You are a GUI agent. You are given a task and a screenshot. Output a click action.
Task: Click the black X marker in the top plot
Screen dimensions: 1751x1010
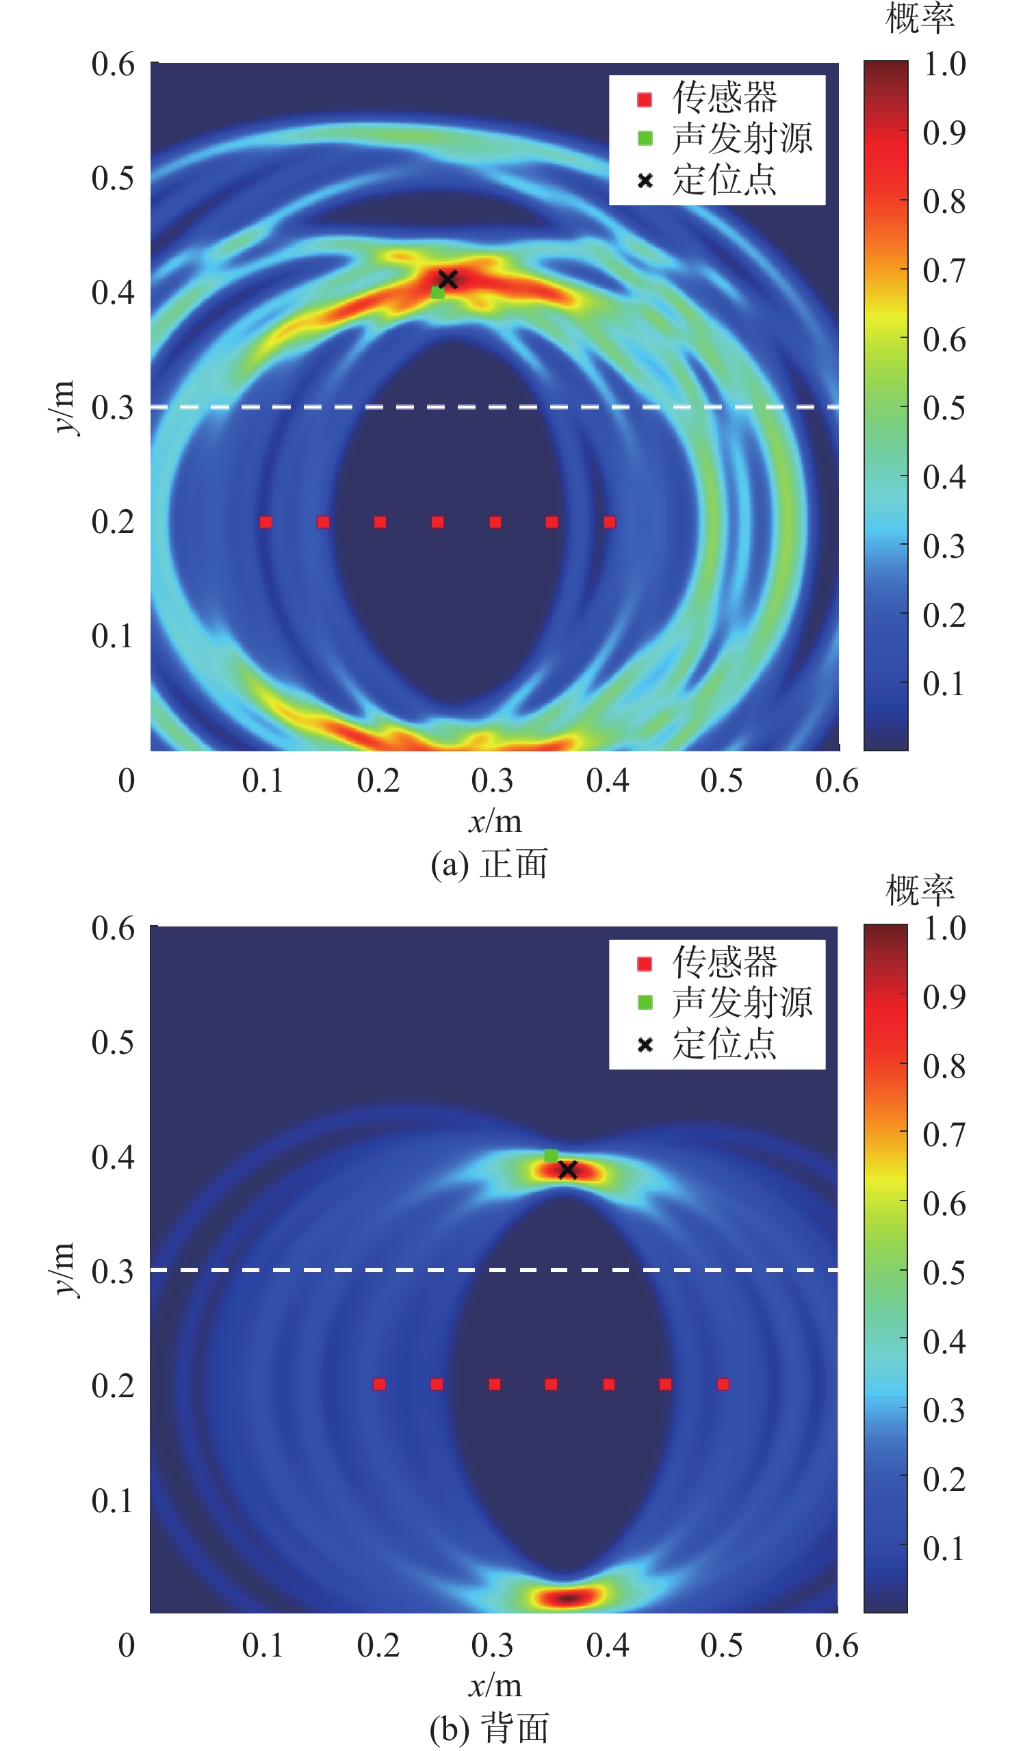click(448, 279)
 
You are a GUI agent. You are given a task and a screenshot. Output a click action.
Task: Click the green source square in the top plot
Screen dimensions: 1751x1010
click(437, 293)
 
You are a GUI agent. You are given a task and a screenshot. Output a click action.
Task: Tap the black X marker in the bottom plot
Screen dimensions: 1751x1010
click(567, 1169)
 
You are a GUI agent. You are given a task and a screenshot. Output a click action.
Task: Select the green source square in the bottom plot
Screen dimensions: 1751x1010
click(550, 1155)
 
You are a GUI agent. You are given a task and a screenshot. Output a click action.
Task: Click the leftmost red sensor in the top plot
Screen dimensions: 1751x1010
click(266, 522)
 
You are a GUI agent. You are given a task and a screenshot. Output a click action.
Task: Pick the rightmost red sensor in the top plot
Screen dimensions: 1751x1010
click(609, 522)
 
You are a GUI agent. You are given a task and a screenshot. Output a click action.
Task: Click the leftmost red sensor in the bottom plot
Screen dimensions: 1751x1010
click(380, 1384)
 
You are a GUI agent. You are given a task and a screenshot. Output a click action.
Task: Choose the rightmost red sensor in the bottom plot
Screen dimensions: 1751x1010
click(723, 1384)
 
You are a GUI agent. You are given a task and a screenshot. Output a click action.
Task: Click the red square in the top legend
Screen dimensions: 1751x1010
click(645, 100)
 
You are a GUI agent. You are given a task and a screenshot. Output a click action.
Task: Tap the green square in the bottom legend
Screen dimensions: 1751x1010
click(645, 1002)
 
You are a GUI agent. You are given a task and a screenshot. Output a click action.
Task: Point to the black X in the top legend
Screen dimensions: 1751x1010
click(645, 181)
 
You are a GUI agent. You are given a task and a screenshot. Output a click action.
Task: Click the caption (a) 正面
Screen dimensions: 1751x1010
click(489, 865)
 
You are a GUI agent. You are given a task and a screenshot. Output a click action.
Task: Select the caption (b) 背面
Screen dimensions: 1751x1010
click(489, 1729)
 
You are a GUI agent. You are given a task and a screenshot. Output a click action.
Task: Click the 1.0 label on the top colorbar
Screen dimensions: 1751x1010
click(944, 64)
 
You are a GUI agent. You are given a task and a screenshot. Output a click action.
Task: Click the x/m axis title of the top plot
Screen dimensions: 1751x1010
click(495, 822)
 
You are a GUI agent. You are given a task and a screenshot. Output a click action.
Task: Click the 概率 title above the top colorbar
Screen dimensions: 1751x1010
click(920, 18)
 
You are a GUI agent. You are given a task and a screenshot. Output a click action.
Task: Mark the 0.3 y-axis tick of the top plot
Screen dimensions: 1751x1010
click(112, 408)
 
